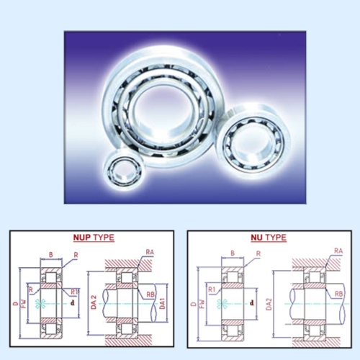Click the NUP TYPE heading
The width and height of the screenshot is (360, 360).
94,237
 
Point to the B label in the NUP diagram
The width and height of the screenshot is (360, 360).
50,253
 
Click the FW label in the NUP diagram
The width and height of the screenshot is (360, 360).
24,303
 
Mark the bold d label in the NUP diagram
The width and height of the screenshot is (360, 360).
73,303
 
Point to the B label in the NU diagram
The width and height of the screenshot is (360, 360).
231,253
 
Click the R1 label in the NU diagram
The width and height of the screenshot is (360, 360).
213,290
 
